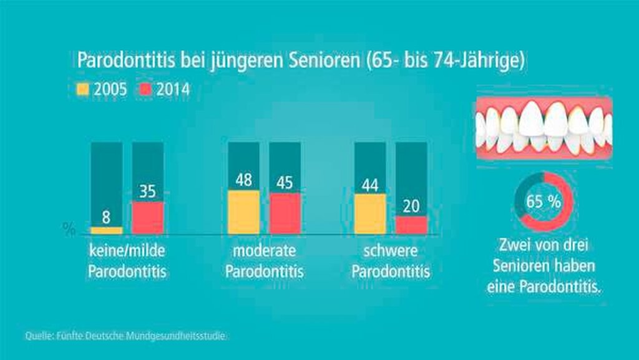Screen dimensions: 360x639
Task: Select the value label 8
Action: [x=106, y=218]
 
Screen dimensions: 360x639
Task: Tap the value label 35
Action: [x=147, y=192]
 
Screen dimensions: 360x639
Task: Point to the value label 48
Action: [x=243, y=181]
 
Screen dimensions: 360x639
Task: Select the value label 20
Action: [x=411, y=207]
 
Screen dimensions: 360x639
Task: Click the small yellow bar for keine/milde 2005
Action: [x=106, y=230]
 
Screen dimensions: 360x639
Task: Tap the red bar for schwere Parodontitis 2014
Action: [x=411, y=225]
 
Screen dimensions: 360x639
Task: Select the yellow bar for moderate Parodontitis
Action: [x=243, y=212]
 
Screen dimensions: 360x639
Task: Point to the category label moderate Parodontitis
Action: [x=264, y=262]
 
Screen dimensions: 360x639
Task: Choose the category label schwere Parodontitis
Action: [x=391, y=262]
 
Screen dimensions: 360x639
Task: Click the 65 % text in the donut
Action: [x=542, y=202]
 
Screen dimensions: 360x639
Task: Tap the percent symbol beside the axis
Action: [x=69, y=230]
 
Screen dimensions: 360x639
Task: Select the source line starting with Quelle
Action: [x=125, y=336]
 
